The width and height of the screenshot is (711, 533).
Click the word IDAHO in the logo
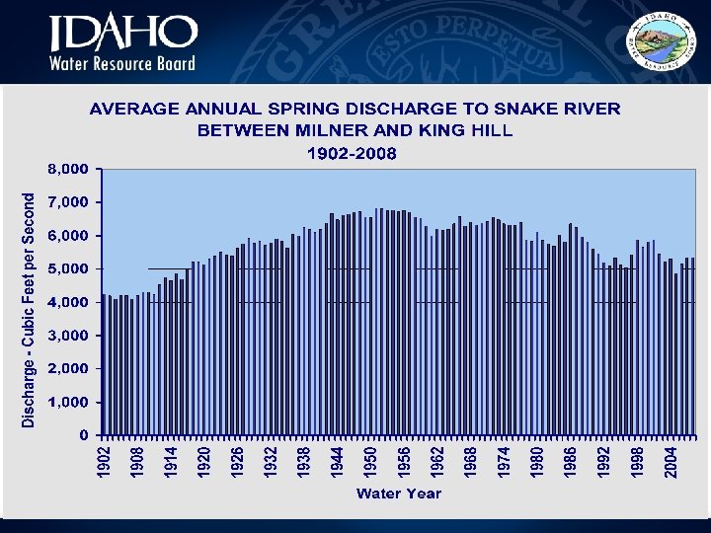pos(123,34)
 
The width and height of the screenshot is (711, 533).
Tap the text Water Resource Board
pos(123,63)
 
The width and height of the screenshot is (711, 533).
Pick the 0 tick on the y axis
pos(84,435)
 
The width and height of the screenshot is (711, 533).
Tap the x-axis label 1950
pos(369,461)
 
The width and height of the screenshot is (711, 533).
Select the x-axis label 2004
pos(671,461)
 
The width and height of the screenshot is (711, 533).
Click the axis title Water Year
pos(399,493)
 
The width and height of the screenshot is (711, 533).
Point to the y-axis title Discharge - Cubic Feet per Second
pos(30,309)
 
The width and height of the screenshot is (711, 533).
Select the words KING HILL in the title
pos(466,130)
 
